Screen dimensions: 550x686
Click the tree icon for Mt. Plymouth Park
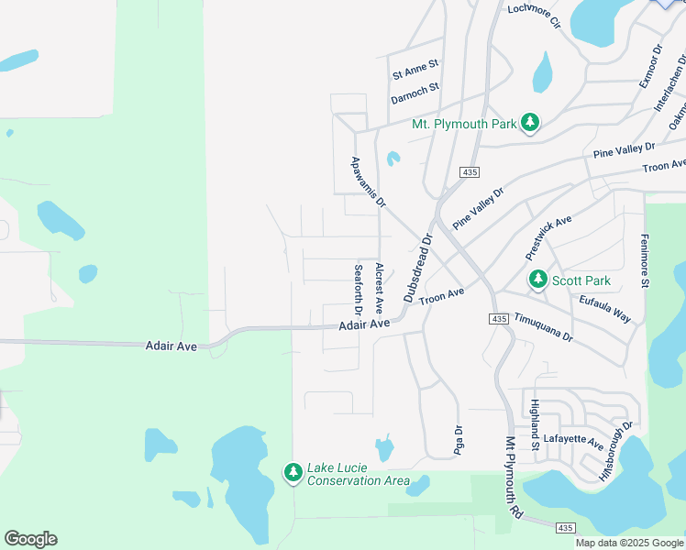coord(529,122)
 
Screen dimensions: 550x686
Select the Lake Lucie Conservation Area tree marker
coord(293,472)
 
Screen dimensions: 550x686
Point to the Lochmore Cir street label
coord(534,16)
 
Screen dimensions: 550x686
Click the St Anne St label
coord(416,66)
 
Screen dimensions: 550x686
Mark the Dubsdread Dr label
coord(416,268)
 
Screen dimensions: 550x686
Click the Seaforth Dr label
coord(359,291)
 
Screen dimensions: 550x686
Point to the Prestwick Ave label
coord(548,236)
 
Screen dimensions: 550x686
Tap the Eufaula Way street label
coord(605,308)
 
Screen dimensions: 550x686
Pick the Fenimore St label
coord(645,260)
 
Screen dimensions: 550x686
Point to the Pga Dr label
coord(459,441)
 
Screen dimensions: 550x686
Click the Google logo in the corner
coord(30,539)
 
